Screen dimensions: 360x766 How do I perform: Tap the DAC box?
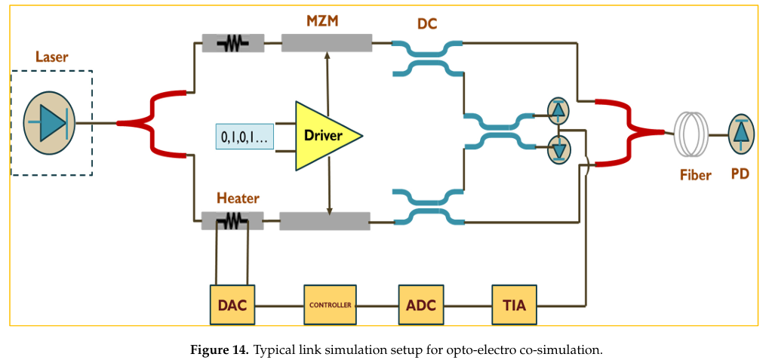coord(232,306)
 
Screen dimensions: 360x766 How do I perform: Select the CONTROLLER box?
coord(330,305)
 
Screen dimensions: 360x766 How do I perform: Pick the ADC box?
coord(420,306)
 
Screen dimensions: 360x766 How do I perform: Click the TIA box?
coord(514,306)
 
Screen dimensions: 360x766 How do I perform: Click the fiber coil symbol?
coord(694,134)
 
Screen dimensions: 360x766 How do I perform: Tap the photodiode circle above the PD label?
coord(741,133)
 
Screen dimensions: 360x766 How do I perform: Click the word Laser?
coord(51,57)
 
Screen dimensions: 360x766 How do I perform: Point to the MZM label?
coord(322,20)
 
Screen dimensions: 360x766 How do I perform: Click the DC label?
coord(427,24)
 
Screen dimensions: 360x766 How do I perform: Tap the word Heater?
coord(238,198)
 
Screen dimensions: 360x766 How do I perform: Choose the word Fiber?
coord(694,175)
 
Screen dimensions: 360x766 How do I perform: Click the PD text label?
coord(740,174)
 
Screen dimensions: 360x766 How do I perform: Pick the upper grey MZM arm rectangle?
coord(327,43)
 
